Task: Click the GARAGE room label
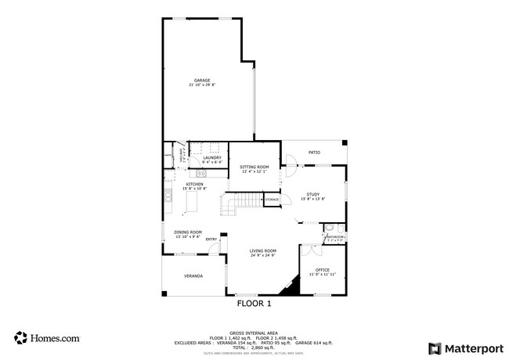pos(202,80)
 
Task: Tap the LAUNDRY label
pos(212,158)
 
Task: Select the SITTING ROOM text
pos(254,167)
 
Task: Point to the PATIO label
pos(314,152)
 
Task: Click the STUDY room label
pos(312,194)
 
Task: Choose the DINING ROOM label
pos(188,232)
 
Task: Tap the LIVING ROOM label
pos(263,250)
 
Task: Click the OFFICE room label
pos(322,270)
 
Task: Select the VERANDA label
pos(193,276)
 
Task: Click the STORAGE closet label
pos(272,200)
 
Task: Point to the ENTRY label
pos(211,239)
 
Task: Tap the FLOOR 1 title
pos(253,303)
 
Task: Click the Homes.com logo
pos(46,338)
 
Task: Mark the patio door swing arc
pos(291,163)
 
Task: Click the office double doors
pos(311,250)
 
